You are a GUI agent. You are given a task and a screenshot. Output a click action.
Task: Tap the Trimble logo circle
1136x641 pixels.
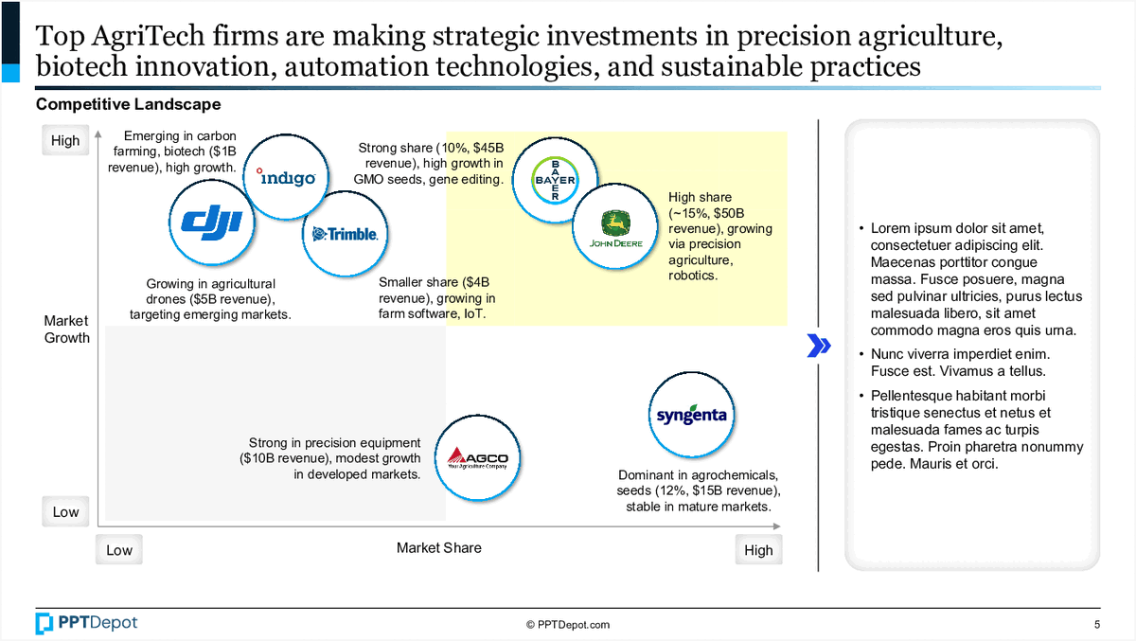click(x=345, y=233)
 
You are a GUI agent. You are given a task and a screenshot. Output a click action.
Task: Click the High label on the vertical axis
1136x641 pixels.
click(x=65, y=141)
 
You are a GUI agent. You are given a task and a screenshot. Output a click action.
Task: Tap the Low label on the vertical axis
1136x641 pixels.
click(x=65, y=512)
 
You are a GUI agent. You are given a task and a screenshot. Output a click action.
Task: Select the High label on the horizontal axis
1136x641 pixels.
click(x=758, y=550)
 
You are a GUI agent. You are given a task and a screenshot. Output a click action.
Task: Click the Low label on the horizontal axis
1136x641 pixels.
click(x=119, y=550)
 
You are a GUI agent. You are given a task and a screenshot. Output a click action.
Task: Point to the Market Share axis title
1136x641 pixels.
click(x=438, y=547)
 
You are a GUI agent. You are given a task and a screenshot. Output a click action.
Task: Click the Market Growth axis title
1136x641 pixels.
click(x=66, y=329)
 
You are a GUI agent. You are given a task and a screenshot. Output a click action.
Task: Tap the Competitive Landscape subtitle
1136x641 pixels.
click(x=128, y=104)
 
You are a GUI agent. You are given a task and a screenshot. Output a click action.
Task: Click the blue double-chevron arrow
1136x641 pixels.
click(x=818, y=347)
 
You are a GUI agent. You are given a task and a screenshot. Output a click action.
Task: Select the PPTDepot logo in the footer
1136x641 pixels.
click(x=86, y=623)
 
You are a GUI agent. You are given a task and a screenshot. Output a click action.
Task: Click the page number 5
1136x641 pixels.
click(x=1097, y=625)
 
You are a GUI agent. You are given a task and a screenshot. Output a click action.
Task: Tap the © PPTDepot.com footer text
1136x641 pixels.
click(x=568, y=625)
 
